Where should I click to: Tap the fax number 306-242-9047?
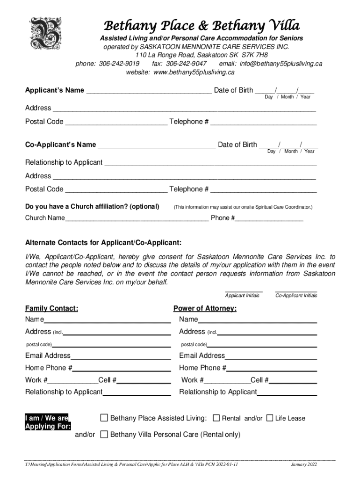(186, 64)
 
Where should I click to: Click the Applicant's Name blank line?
(148, 91)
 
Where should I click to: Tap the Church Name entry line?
(137, 218)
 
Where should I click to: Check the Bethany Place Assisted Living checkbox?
(104, 418)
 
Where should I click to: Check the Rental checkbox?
(216, 418)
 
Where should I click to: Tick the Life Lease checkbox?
(270, 418)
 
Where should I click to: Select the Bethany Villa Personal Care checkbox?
(104, 435)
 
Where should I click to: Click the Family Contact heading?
(51, 308)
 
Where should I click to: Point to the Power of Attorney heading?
(205, 308)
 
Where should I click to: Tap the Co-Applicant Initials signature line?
(296, 290)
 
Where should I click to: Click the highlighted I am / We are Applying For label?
(48, 422)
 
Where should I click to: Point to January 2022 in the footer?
(304, 464)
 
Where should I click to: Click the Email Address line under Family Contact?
(121, 356)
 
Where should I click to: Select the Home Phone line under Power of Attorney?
(272, 368)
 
